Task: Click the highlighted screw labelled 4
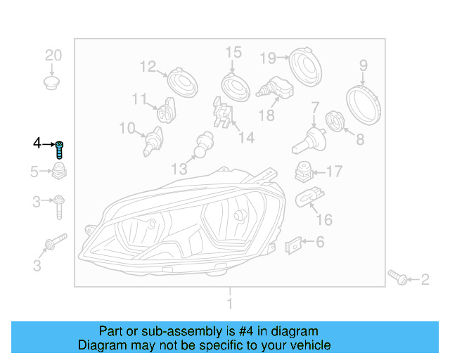[60, 148]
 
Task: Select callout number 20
[54, 55]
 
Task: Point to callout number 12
[147, 67]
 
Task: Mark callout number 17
[334, 171]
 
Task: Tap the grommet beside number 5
[59, 171]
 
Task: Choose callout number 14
[247, 137]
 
